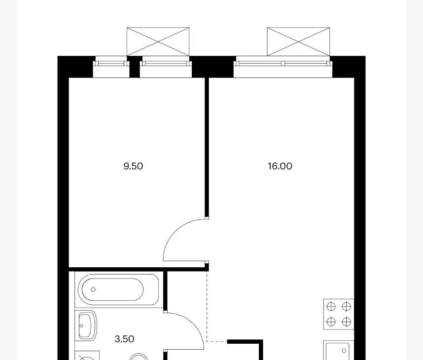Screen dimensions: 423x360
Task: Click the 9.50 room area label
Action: (x=133, y=166)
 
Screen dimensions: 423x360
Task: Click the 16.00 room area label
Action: (x=280, y=166)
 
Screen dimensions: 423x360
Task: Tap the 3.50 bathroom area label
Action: (x=124, y=339)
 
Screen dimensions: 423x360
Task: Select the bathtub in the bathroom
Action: (x=119, y=289)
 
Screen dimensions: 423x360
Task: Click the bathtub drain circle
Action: (x=93, y=289)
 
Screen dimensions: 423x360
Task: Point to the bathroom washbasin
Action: (x=86, y=325)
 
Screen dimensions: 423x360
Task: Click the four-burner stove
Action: (x=339, y=314)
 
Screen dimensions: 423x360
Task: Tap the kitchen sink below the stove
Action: (x=339, y=350)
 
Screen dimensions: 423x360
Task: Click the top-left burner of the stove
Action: (x=331, y=307)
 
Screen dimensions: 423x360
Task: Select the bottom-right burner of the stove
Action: (x=347, y=322)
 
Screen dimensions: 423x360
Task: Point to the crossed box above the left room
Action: (x=158, y=41)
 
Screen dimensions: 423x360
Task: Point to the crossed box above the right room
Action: (x=298, y=41)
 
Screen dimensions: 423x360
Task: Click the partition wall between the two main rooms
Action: (x=207, y=148)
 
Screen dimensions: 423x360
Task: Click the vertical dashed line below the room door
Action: (x=207, y=306)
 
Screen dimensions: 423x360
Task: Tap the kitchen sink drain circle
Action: (x=344, y=351)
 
